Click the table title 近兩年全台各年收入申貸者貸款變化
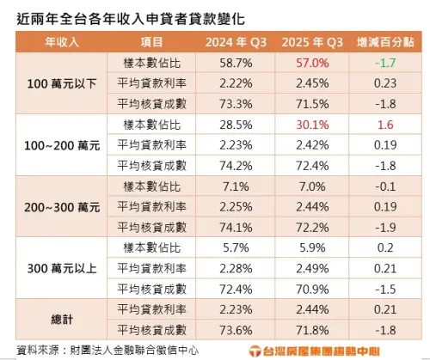pyautogui.click(x=125, y=16)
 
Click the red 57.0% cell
pyautogui.click(x=312, y=64)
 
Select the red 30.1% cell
pyautogui.click(x=312, y=125)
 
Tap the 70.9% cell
pyautogui.click(x=312, y=289)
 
